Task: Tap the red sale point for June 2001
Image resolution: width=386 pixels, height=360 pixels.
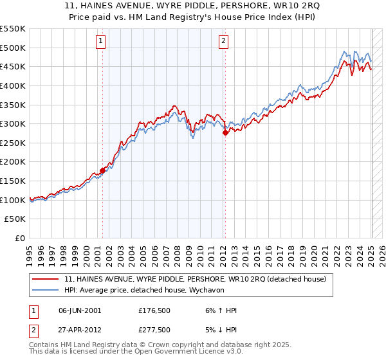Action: [x=102, y=170]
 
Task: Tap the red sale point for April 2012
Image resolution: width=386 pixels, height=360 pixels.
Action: [x=225, y=132]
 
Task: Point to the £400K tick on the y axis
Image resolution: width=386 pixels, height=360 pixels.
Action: [x=13, y=85]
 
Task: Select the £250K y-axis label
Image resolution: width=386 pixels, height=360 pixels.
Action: [x=13, y=162]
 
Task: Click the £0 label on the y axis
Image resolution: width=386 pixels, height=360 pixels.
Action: [x=19, y=239]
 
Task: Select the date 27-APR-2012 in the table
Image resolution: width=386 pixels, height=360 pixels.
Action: [x=80, y=332]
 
